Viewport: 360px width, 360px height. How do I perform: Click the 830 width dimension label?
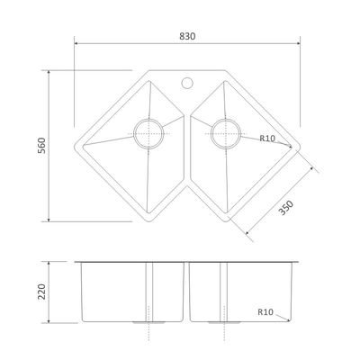[x=187, y=36]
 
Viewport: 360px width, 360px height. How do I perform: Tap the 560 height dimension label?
[x=41, y=146]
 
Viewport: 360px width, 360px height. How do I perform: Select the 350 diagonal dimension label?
[x=285, y=208]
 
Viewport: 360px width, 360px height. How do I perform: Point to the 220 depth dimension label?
[x=41, y=292]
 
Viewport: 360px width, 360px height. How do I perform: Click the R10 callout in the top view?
[x=267, y=139]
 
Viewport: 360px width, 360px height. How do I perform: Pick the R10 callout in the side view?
[x=265, y=312]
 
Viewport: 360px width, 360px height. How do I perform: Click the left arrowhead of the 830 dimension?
[x=76, y=43]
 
